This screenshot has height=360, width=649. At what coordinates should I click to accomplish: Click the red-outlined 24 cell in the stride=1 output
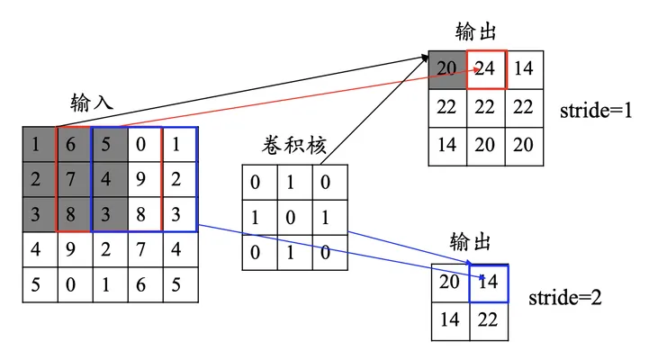pos(486,69)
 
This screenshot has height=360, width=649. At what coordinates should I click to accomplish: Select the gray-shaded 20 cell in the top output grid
pos(447,69)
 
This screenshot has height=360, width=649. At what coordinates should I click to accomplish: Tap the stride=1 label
pos(596,111)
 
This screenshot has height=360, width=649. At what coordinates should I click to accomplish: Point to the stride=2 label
pos(565,298)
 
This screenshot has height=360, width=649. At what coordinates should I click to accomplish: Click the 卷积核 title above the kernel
pos(293,145)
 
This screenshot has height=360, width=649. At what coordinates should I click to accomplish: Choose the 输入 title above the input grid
pos(92,102)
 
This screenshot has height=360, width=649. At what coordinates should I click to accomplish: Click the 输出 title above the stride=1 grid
pos(475,31)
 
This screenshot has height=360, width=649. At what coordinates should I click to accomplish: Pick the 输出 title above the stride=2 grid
pos(470,242)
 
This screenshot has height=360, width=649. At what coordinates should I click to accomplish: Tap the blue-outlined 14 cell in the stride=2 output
pos(489,283)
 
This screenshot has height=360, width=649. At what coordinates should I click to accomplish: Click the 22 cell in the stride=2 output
pos(489,321)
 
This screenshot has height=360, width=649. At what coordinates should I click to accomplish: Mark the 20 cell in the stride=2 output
pos(450,283)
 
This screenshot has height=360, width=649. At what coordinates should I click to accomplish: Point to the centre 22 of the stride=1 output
pos(485,108)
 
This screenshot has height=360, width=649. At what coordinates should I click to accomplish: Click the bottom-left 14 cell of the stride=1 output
pos(447,146)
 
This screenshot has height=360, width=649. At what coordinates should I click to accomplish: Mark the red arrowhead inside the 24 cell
pos(476,69)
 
